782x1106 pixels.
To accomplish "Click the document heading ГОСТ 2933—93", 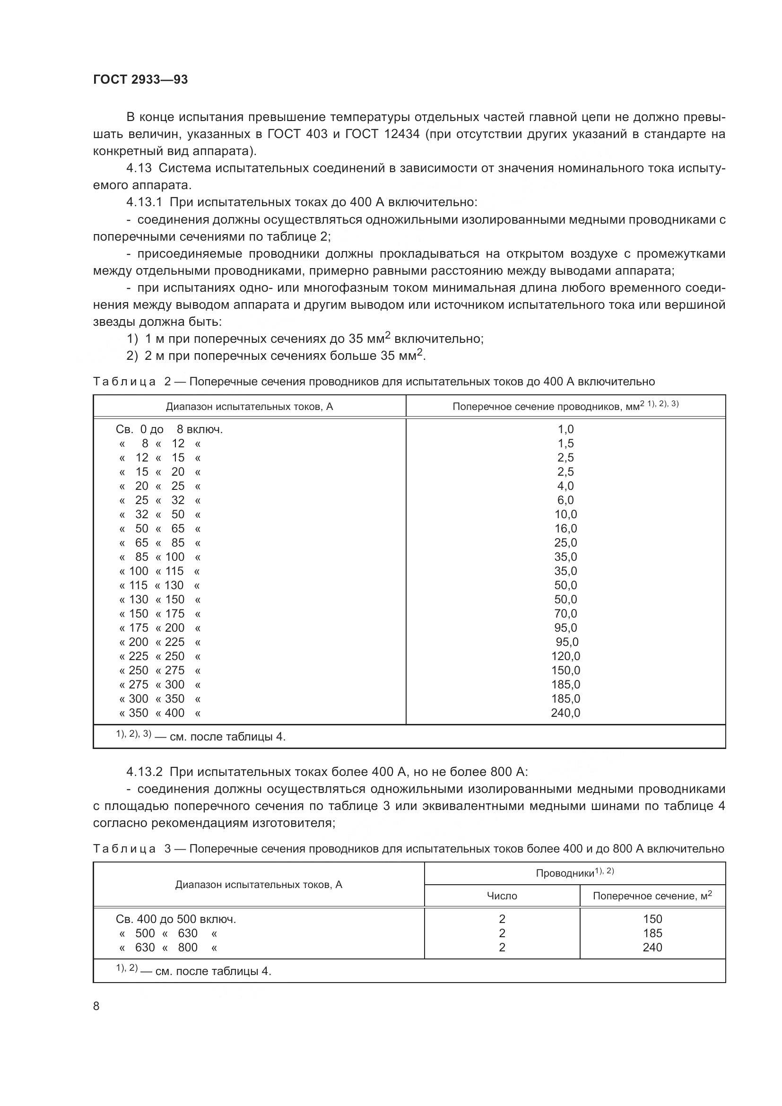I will point(140,79).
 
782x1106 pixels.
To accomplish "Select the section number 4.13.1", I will point(145,202).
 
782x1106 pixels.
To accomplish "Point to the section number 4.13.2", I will point(145,772).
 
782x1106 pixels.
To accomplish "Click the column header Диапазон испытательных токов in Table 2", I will point(250,407).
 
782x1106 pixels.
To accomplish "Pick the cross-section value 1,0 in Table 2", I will point(565,429).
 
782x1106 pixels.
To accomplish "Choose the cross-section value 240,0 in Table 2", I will point(565,713).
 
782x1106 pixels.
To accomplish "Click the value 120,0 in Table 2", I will point(565,656).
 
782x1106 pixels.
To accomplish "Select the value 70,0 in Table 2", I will point(565,614).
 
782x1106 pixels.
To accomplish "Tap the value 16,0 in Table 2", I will point(565,529).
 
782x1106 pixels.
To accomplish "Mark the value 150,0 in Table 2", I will point(565,671).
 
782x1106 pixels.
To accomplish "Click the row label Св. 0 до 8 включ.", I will point(169,429).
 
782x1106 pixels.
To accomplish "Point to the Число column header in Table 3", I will point(502,896).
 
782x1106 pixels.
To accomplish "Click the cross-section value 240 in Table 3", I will point(652,948).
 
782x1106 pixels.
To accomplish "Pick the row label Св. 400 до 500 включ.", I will point(176,919).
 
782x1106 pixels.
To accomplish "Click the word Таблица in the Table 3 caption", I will point(124,849).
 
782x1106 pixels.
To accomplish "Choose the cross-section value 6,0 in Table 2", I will point(565,500).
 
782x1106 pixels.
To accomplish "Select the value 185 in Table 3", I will point(652,933).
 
